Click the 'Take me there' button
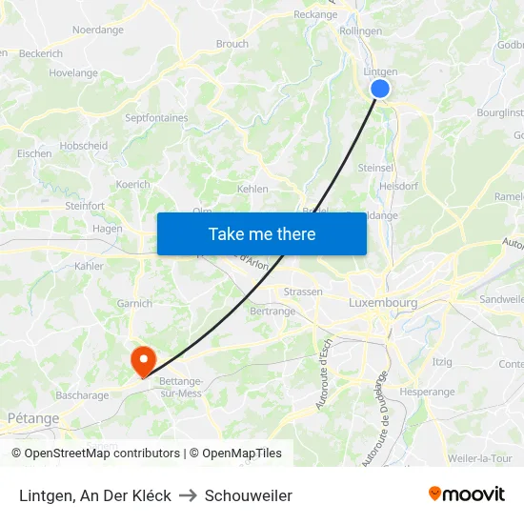pos(261,233)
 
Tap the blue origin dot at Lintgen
pos(379,89)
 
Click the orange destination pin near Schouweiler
pos(143,360)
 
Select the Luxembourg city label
pos(383,303)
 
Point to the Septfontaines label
pos(156,118)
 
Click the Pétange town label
pos(33,418)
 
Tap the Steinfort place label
pos(85,206)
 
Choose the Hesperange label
pos(428,392)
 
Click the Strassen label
pos(303,292)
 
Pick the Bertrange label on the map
pos(272,312)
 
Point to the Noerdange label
pos(98,30)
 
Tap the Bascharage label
pos(82,395)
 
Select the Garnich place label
pos(134,304)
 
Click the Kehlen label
pos(252,189)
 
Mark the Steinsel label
pos(376,168)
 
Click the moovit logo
pos(466,494)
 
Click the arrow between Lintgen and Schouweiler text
pos(188,495)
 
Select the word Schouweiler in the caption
pos(249,495)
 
